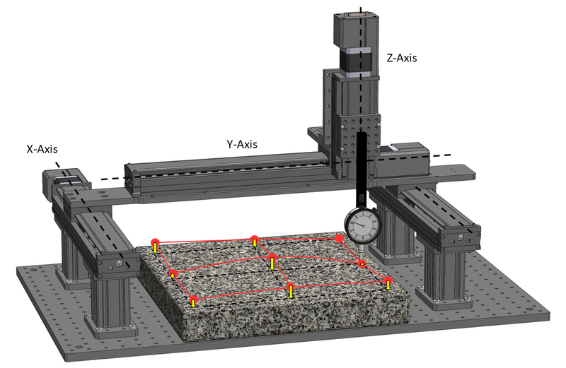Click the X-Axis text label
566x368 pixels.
pyautogui.click(x=42, y=149)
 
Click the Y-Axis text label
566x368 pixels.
pyautogui.click(x=242, y=144)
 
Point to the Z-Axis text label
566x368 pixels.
pyautogui.click(x=401, y=58)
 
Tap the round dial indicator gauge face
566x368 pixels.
pyautogui.click(x=363, y=226)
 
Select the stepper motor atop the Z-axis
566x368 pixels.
pyautogui.click(x=356, y=44)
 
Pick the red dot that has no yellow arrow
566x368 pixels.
pyautogui.click(x=339, y=238)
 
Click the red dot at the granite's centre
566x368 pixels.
pyautogui.click(x=272, y=257)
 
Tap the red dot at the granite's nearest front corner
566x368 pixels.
pyautogui.click(x=194, y=299)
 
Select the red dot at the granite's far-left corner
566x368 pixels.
pyautogui.click(x=155, y=242)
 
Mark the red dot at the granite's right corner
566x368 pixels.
pyautogui.click(x=388, y=280)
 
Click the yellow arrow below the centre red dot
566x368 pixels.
pyautogui.click(x=272, y=264)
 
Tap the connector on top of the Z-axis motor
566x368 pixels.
pyautogui.click(x=356, y=13)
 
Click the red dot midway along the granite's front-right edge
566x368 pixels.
pyautogui.click(x=291, y=287)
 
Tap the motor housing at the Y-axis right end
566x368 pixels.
pyautogui.click(x=405, y=159)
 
